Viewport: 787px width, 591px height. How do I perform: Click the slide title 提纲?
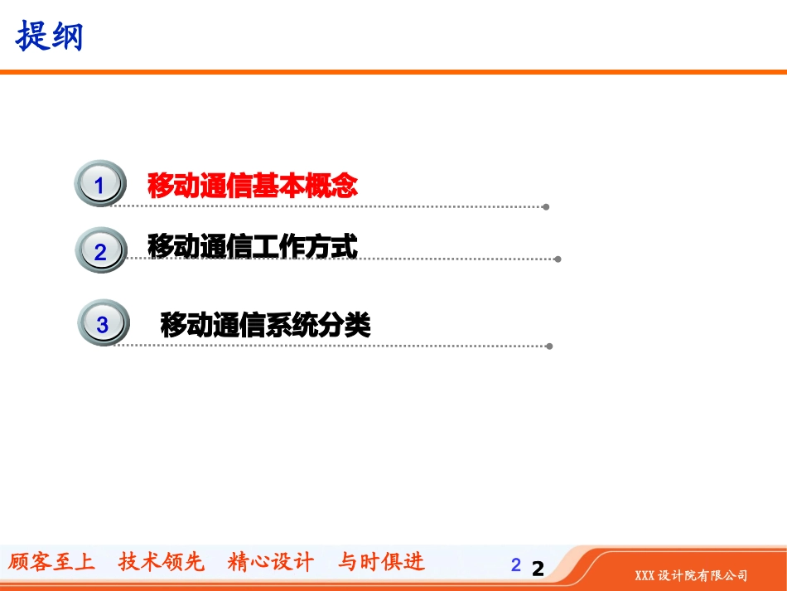(51, 36)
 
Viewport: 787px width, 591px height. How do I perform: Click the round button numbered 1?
(100, 185)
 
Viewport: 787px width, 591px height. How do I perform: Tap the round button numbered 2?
(100, 250)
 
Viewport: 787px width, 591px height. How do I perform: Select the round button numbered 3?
(103, 324)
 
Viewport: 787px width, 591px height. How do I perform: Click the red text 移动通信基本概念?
(253, 186)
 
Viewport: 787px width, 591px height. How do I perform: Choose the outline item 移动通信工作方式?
(253, 246)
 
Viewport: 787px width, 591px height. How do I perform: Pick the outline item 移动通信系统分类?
(265, 325)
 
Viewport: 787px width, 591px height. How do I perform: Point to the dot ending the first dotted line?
(546, 206)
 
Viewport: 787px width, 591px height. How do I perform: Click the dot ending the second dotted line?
(558, 259)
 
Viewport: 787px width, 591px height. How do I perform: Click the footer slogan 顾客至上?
(51, 562)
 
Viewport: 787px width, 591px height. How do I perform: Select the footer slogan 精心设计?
(271, 562)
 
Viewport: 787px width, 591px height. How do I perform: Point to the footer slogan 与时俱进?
(381, 562)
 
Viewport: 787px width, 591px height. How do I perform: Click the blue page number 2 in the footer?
(516, 565)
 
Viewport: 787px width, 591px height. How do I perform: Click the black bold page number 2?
(538, 569)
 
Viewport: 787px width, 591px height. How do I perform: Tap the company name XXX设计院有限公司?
(691, 575)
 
